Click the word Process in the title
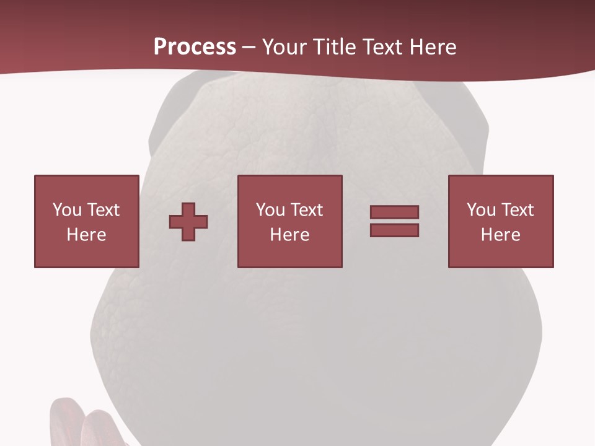[x=195, y=47]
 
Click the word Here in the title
[x=434, y=47]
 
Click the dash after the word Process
[x=249, y=48]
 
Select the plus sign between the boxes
[x=188, y=222]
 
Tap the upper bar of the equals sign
[x=394, y=212]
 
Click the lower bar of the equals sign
[x=394, y=230]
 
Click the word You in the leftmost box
[x=67, y=210]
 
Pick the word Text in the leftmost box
[x=103, y=210]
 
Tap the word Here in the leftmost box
[x=86, y=235]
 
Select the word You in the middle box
[x=270, y=210]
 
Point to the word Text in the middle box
[x=306, y=210]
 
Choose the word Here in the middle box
[x=289, y=235]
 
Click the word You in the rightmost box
[x=481, y=210]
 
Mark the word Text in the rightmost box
[x=517, y=210]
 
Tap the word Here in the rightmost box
[x=500, y=235]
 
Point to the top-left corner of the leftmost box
[x=35, y=176]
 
